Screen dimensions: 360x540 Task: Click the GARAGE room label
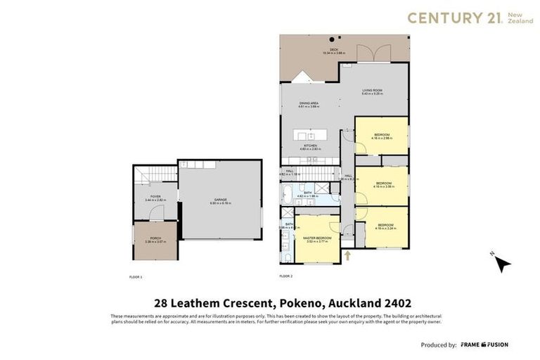tap(220, 201)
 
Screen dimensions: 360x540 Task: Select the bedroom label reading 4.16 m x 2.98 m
tap(382, 136)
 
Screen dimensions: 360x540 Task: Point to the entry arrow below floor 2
tap(347, 256)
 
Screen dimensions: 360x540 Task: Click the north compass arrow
tap(501, 263)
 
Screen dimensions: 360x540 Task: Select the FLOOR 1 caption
tap(136, 277)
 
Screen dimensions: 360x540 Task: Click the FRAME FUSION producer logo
tap(484, 345)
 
